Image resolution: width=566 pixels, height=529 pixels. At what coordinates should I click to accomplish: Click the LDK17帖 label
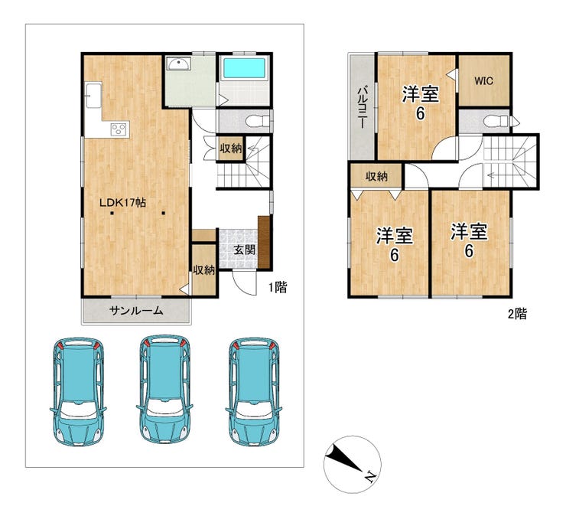tap(122, 203)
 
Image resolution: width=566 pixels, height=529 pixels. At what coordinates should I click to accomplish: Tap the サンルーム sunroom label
tap(136, 310)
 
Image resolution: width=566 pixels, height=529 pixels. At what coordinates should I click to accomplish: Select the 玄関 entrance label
tap(245, 250)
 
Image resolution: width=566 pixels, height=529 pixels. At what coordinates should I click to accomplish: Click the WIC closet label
tap(483, 81)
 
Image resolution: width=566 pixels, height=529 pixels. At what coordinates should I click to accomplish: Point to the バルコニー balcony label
tap(362, 107)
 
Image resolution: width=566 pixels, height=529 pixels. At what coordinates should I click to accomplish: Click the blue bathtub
tap(245, 68)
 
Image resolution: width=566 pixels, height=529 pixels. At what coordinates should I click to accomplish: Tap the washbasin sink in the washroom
tap(178, 64)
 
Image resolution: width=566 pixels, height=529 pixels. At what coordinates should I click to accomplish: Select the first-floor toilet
tap(257, 121)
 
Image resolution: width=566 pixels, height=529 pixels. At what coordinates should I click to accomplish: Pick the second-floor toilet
tap(496, 121)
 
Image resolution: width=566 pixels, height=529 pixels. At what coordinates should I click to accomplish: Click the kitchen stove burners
tap(119, 129)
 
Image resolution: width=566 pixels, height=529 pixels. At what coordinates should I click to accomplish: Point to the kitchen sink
tap(93, 95)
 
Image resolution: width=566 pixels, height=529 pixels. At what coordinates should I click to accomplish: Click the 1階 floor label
tap(278, 287)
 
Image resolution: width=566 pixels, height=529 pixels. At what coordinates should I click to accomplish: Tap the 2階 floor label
tap(518, 314)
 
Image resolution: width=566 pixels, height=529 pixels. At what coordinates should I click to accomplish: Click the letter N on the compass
tap(369, 477)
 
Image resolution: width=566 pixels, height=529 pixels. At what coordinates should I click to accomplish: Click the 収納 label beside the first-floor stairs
tap(231, 148)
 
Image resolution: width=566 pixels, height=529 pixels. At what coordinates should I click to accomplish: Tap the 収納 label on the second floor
tap(376, 176)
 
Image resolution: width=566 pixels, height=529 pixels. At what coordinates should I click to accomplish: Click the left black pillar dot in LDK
tap(112, 213)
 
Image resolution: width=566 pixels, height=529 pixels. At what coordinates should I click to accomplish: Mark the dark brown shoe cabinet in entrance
tap(264, 242)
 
